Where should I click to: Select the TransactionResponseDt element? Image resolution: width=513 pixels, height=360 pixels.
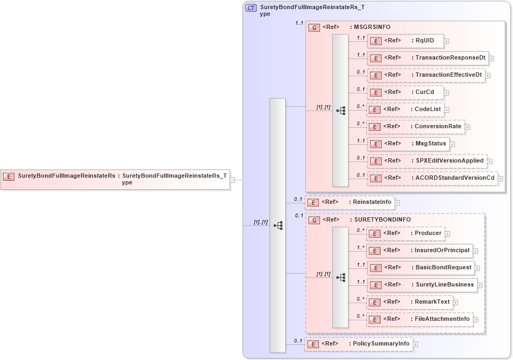[427, 57]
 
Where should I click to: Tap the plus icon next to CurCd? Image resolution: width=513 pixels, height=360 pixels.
[446, 92]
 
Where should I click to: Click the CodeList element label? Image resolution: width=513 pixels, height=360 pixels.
[428, 109]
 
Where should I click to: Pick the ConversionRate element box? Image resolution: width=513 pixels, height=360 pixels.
[415, 127]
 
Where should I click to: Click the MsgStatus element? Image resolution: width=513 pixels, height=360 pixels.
[407, 144]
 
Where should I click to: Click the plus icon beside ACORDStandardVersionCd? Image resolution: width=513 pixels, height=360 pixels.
[501, 178]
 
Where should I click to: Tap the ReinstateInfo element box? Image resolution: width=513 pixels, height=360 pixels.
[350, 202]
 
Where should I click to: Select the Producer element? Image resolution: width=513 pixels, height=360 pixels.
[405, 233]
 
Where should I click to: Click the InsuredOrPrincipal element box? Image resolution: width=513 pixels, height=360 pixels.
[419, 250]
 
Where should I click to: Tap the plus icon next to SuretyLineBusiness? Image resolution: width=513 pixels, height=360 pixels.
[480, 285]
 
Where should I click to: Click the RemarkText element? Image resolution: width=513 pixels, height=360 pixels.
[409, 302]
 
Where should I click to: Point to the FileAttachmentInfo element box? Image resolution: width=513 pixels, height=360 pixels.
[419, 319]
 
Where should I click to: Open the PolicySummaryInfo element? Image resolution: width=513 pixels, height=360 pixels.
[358, 344]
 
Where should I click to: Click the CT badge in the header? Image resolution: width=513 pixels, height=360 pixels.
[250, 8]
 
